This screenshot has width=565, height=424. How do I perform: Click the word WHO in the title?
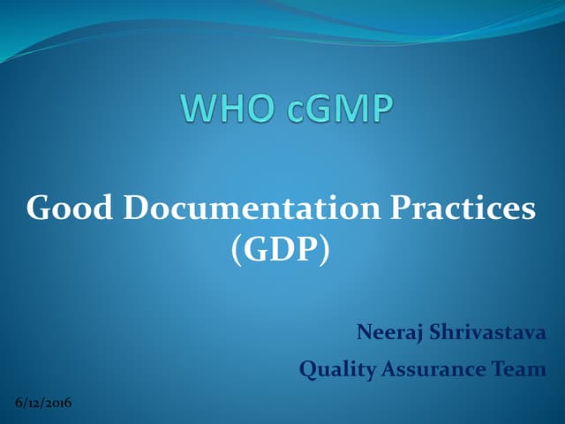(225, 109)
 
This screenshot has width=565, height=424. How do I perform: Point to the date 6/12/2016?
(44, 404)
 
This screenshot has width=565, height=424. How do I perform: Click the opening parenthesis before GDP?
(236, 250)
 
